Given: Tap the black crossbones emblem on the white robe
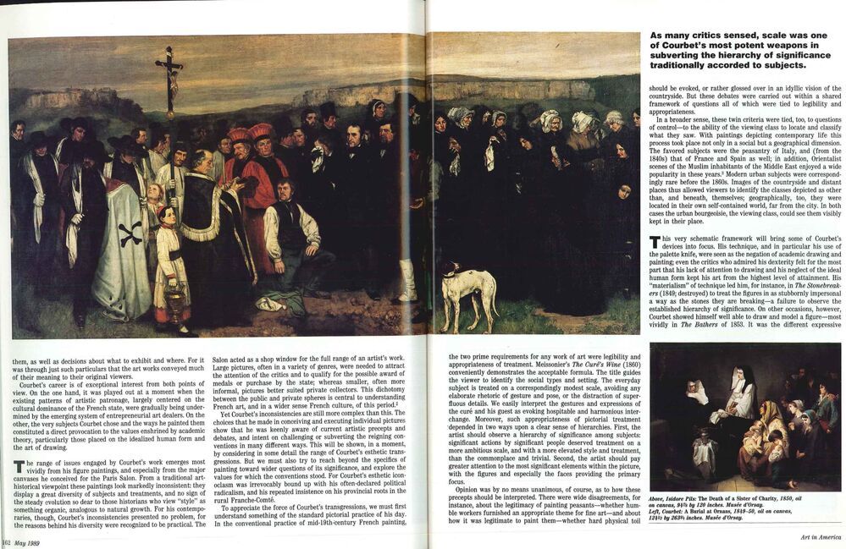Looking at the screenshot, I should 130,233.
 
